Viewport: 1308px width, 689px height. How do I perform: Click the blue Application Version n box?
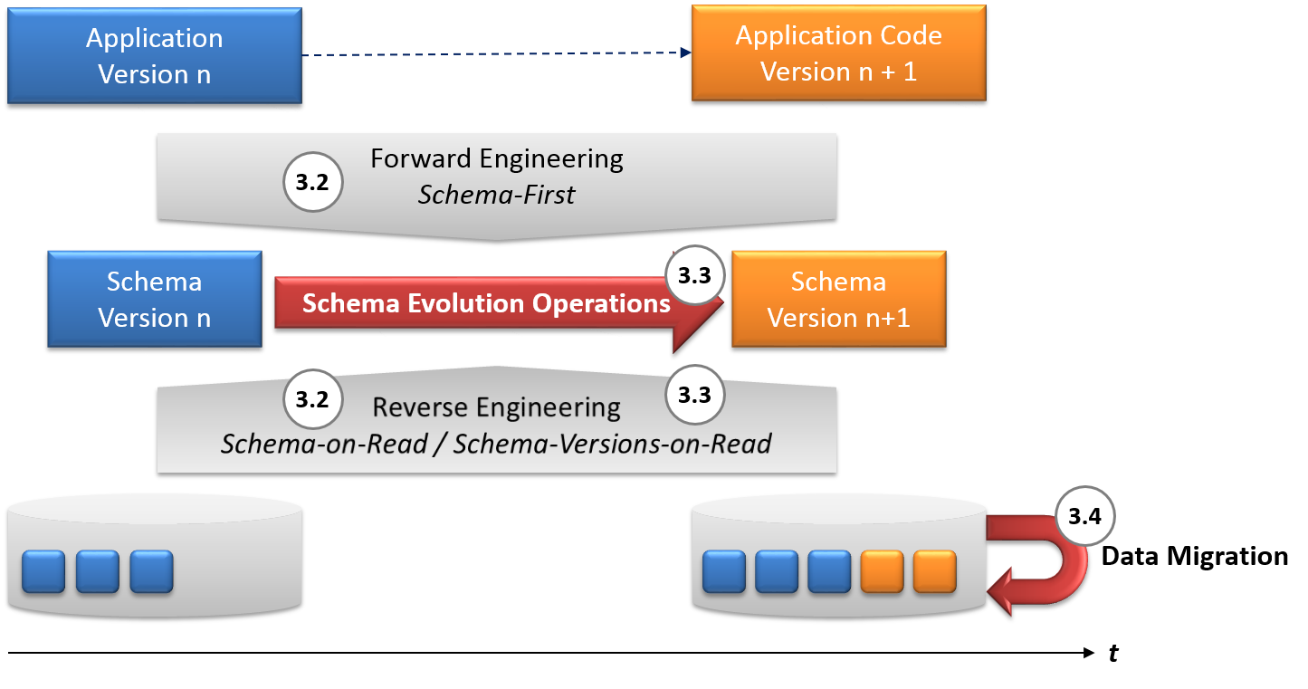[154, 56]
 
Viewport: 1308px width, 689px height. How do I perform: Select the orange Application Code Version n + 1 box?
[838, 53]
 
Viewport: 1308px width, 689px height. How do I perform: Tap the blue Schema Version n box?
[154, 299]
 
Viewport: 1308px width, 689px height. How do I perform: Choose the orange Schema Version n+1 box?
[838, 299]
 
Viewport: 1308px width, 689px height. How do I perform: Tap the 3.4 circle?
[1084, 517]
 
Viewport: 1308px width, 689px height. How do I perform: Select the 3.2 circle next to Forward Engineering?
[312, 182]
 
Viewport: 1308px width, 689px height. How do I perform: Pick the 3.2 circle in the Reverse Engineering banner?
[312, 399]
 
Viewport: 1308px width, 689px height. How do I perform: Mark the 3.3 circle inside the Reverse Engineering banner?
[694, 395]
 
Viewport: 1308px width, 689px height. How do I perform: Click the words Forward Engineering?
[497, 158]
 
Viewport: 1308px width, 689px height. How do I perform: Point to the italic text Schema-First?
[496, 195]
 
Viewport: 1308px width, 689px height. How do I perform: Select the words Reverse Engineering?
[497, 407]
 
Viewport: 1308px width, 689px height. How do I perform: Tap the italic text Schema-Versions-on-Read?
[612, 444]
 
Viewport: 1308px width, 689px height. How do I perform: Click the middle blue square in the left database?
[98, 571]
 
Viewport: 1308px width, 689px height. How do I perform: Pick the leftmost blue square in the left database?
[43, 571]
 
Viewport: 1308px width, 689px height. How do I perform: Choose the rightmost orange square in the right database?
[935, 571]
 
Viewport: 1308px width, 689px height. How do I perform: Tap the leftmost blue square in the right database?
[724, 571]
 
